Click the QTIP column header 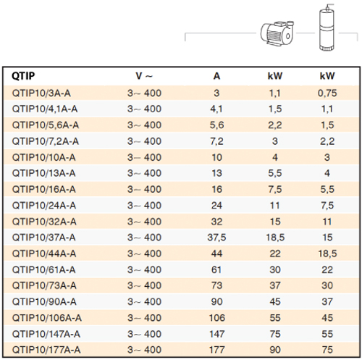tap(23, 76)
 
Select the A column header tap(216, 76)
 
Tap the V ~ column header tap(144, 76)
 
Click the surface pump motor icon tap(277, 33)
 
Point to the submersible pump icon tap(327, 28)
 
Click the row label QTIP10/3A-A tap(41, 93)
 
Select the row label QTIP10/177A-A tap(46, 350)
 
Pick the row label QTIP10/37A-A tap(43, 238)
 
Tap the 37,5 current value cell tap(216, 238)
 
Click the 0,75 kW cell tap(327, 93)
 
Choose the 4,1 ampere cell tap(216, 109)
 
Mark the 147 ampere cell tap(216, 334)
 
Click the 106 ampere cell tap(217, 318)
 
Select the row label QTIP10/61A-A tap(43, 270)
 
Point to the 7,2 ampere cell tap(216, 141)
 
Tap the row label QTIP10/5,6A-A tap(46, 125)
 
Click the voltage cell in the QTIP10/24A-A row tap(144, 206)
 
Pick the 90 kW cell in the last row tap(275, 350)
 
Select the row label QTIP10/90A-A tap(44, 302)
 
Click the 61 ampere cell tap(216, 270)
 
